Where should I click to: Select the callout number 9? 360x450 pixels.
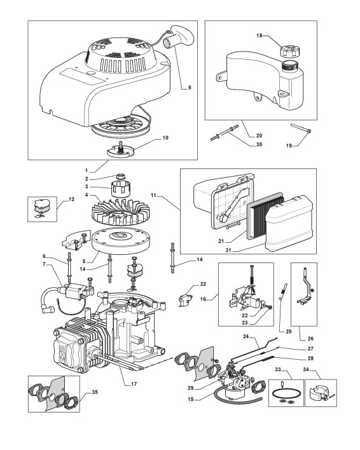190,88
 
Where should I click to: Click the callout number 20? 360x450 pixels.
259,135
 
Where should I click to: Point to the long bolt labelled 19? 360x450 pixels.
301,128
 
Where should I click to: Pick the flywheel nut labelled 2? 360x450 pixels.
121,176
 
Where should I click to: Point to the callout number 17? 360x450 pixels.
134,384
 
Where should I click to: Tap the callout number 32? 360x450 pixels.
203,284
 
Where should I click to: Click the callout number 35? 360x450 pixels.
94,392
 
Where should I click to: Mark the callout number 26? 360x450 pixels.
310,339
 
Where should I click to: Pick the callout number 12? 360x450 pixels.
71,199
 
